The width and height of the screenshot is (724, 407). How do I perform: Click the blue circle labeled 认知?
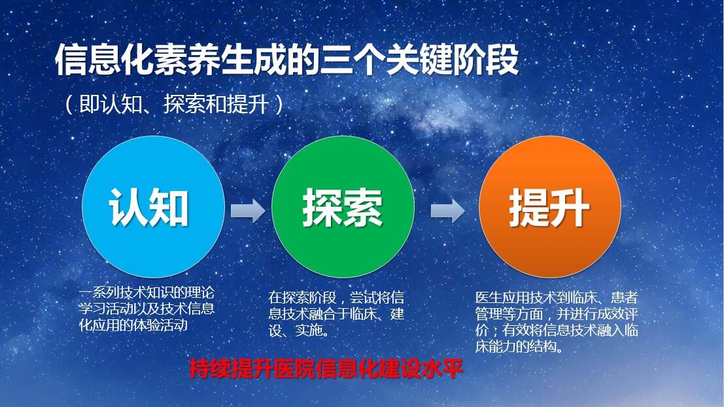153,207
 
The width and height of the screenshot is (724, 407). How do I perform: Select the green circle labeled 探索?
343,207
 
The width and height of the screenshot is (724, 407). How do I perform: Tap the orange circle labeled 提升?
550,207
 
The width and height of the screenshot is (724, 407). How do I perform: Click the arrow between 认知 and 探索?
248,211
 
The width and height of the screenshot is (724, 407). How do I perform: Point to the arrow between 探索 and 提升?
447,211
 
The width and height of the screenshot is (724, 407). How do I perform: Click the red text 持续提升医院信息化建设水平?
326,368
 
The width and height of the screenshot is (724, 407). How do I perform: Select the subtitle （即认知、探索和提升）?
174,104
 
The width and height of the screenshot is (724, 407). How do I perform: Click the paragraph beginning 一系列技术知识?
147,309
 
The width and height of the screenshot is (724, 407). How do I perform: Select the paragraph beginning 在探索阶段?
336,313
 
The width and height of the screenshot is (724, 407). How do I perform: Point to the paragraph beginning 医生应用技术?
557,321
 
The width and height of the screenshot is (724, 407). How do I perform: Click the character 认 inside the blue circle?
129,207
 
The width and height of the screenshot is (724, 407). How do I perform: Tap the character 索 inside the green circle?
363,207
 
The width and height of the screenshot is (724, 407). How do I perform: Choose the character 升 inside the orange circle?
570,207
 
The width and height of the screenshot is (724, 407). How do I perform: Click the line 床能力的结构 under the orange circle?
519,347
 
